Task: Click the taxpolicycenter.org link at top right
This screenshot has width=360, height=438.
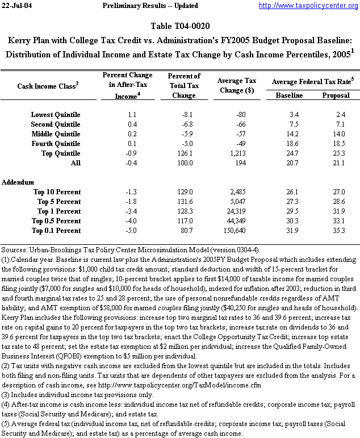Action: tap(308, 6)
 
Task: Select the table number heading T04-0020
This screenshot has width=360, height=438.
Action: tap(179, 27)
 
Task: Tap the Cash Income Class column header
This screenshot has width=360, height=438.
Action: tap(48, 86)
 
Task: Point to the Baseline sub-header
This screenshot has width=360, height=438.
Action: tap(289, 95)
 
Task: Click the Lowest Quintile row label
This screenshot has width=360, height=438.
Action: tap(56, 115)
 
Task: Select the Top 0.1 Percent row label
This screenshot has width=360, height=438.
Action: tap(56, 231)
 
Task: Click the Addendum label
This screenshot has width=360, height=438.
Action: tap(18, 182)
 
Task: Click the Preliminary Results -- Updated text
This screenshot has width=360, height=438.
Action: tap(150, 6)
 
